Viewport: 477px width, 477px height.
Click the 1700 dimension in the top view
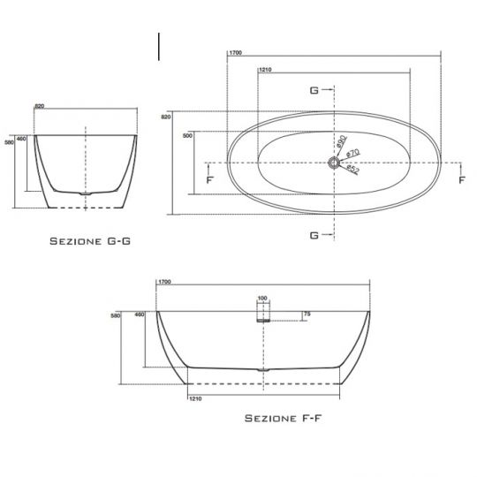click(235, 54)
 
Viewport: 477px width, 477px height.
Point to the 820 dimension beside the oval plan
click(166, 116)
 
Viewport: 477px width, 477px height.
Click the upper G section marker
click(314, 90)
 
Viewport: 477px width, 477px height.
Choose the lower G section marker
click(314, 235)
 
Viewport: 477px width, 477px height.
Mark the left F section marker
click(208, 179)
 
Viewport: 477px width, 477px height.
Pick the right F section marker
click(461, 179)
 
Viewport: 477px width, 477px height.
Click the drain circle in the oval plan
click(335, 163)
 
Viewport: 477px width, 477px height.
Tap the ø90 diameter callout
click(340, 140)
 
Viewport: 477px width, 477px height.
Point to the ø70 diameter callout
click(351, 153)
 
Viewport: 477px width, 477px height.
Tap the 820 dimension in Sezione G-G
click(39, 107)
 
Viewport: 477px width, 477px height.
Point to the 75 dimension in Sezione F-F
click(307, 313)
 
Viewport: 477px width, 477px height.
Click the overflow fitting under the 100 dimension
click(262, 319)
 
